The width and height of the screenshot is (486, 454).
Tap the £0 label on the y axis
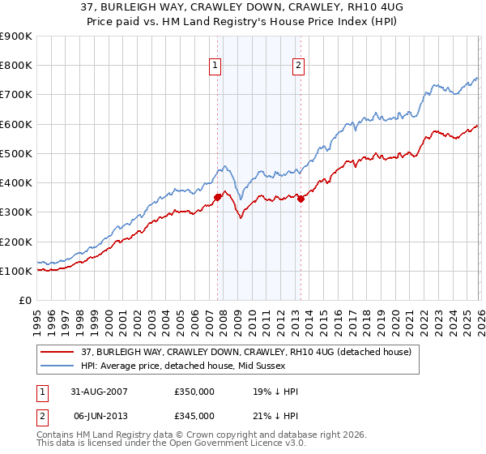pyautogui.click(x=24, y=301)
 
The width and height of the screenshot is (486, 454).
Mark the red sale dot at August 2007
pyautogui.click(x=217, y=197)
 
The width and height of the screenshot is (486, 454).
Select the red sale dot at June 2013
pyautogui.click(x=301, y=199)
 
